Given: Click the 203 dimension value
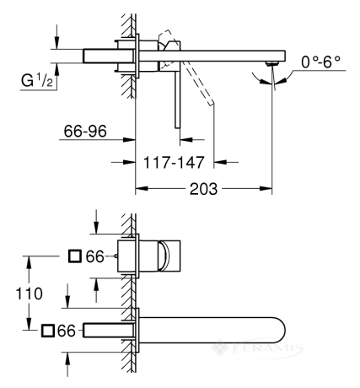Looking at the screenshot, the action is click(203, 189).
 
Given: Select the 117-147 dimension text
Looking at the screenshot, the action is click(174, 162).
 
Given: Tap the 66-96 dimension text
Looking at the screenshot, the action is click(85, 131).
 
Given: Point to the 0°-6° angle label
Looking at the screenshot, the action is click(321, 62).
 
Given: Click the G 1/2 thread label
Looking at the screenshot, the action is click(37, 81).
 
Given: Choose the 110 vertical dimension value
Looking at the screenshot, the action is click(29, 294).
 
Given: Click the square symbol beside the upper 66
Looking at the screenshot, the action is click(75, 256).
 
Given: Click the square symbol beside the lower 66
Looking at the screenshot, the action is click(47, 331).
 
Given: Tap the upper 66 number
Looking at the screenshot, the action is click(94, 256).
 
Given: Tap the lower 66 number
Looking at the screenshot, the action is click(67, 331).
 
